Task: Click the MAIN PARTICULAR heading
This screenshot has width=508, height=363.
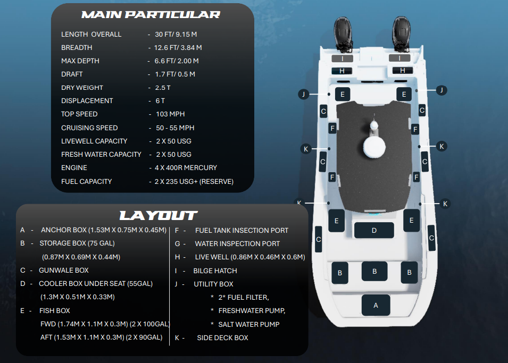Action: click(151, 14)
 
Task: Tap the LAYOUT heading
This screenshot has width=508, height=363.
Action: click(158, 215)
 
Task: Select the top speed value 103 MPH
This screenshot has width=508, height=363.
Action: click(170, 114)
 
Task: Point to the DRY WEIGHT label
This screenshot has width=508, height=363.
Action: click(82, 88)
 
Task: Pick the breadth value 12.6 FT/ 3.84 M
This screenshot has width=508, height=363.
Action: click(178, 48)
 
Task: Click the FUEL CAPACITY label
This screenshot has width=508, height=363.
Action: click(86, 181)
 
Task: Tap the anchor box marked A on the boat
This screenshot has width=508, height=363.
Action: click(376, 305)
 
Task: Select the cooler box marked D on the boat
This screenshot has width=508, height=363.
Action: click(374, 230)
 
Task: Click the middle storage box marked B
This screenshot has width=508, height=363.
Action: click(374, 271)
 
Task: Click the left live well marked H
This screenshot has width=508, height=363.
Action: click(342, 71)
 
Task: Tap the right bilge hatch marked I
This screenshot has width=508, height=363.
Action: click(399, 58)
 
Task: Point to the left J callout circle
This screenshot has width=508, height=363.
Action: click(303, 94)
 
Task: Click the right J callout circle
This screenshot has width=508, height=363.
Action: click(441, 90)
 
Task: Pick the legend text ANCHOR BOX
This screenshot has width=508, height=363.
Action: click(64, 230)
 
